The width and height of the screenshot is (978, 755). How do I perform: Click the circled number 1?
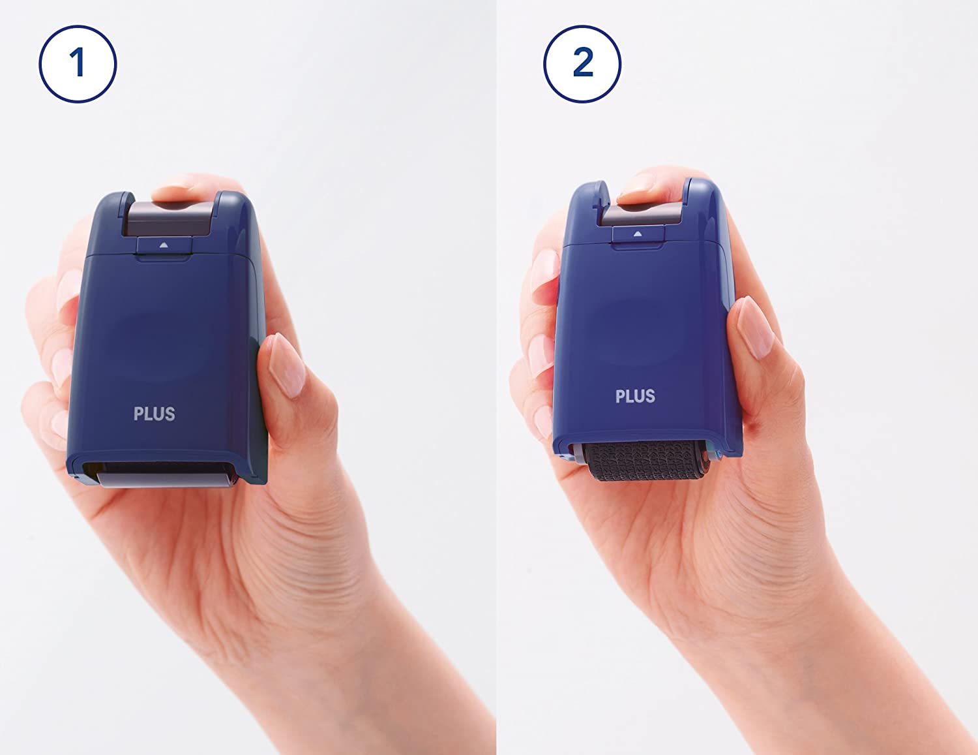point(78,64)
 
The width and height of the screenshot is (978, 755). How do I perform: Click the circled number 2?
point(582,64)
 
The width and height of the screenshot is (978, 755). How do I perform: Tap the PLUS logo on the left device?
point(155,414)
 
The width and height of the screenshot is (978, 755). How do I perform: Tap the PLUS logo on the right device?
point(635,396)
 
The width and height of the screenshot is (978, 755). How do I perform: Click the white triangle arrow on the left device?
point(164,245)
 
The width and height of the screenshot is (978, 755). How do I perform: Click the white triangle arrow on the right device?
point(637,234)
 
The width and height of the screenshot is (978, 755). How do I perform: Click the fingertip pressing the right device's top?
point(648,189)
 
